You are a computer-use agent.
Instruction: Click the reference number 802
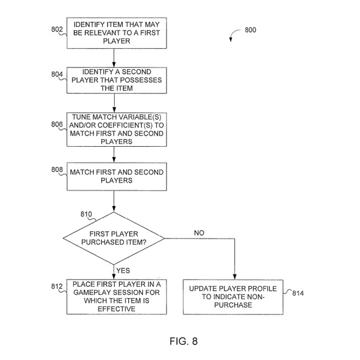click(58, 30)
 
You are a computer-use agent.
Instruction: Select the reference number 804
click(58, 74)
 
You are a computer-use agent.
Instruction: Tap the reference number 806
click(58, 125)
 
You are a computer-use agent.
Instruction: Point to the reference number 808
click(58, 169)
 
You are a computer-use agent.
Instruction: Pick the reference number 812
click(57, 286)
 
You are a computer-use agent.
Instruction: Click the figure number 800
click(250, 30)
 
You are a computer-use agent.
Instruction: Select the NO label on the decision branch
click(199, 233)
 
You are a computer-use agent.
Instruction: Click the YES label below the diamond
click(123, 271)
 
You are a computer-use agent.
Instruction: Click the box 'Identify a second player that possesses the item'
click(114, 80)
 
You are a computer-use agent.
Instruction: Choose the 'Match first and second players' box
click(114, 176)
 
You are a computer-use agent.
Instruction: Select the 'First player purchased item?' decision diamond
click(114, 238)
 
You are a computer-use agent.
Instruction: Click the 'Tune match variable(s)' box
click(114, 129)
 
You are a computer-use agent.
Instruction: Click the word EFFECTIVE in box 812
click(115, 309)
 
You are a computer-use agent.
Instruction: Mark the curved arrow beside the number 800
click(232, 36)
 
